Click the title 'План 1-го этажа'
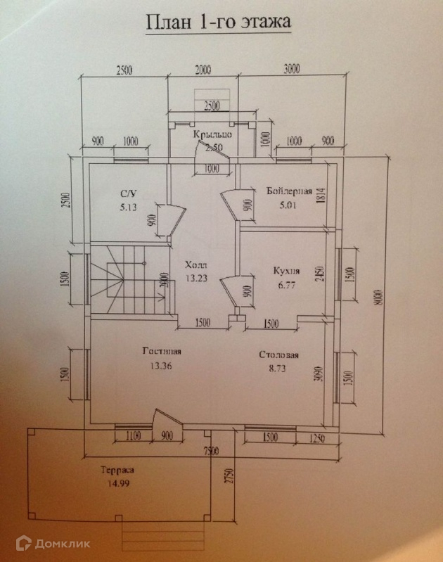(217, 23)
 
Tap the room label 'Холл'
(195, 265)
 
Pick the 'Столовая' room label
(279, 355)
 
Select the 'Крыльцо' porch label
(213, 134)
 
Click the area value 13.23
(195, 278)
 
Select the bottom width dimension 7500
(211, 450)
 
